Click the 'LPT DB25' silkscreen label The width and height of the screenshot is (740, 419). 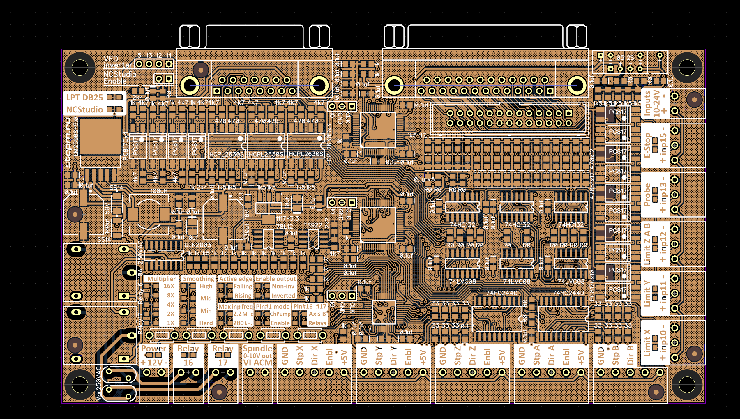[x=84, y=97]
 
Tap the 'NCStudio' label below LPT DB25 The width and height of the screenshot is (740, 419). [x=84, y=109]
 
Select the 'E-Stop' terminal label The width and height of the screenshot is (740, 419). [x=647, y=145]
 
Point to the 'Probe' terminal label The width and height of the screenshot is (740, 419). [x=647, y=195]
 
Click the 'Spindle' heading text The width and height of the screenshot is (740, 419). [x=257, y=348]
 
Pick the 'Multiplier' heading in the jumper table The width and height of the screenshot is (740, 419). [x=161, y=279]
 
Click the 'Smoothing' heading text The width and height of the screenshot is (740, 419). [x=198, y=279]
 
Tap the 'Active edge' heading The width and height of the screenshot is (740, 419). [x=236, y=279]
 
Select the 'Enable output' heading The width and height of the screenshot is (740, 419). [x=275, y=279]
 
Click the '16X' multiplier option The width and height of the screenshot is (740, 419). [x=169, y=286]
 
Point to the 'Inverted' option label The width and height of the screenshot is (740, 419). [x=283, y=296]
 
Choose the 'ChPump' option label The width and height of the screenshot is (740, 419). [x=280, y=314]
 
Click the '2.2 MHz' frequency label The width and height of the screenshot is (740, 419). [x=243, y=314]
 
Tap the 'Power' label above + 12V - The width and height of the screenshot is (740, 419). [x=153, y=348]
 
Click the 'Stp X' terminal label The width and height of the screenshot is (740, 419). [x=300, y=355]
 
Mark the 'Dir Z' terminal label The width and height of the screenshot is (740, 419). [x=472, y=355]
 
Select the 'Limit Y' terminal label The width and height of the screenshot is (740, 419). [x=647, y=294]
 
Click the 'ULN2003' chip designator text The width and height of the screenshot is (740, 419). [x=197, y=245]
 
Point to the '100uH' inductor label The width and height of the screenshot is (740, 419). [x=159, y=191]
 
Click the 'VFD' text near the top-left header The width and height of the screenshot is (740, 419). [x=111, y=59]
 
